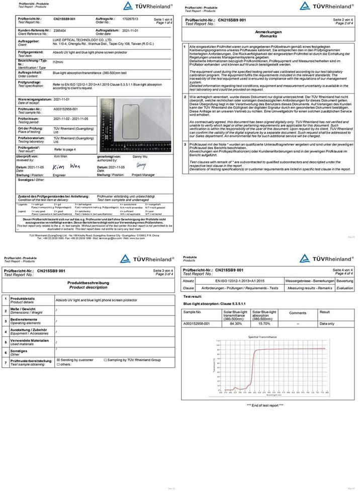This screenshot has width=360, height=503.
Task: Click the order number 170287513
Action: pos(130,18)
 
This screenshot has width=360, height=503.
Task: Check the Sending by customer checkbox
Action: pos(58,360)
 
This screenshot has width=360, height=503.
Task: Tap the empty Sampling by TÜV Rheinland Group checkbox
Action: pos(105,360)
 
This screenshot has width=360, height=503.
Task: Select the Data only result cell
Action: pos(327,323)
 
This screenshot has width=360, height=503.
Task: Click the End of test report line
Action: pos(265,405)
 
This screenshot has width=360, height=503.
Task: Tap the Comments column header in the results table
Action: pos(297,313)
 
